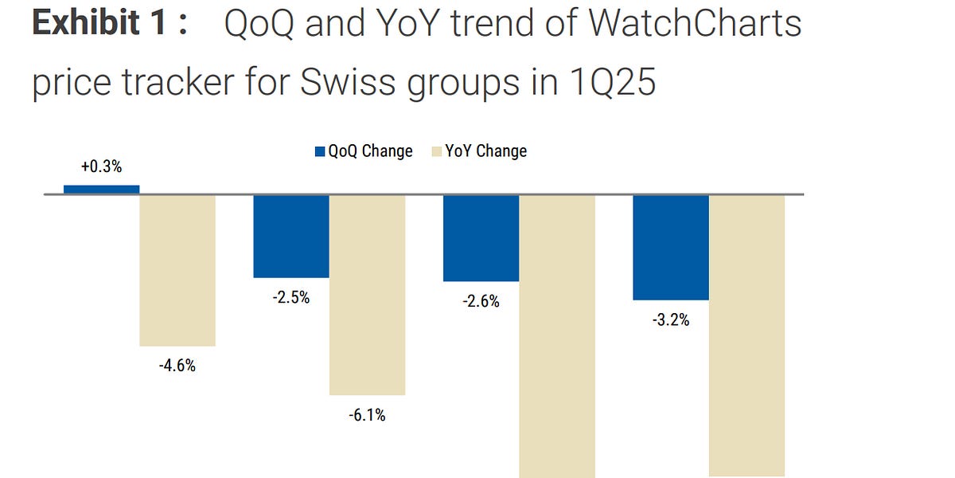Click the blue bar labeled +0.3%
[x=101, y=190]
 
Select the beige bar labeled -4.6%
[x=177, y=270]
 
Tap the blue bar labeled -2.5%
[x=291, y=236]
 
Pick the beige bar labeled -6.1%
[x=368, y=295]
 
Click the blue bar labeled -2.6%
[x=481, y=238]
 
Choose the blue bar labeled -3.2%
[x=670, y=247]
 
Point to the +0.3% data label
[x=101, y=167]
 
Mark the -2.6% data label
[x=480, y=302]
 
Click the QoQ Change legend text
[x=370, y=151]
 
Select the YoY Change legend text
[x=485, y=151]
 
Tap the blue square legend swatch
[x=321, y=151]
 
